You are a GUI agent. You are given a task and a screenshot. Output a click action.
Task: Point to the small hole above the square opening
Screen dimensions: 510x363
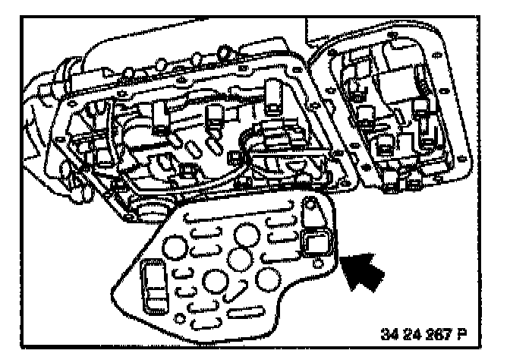[310, 205]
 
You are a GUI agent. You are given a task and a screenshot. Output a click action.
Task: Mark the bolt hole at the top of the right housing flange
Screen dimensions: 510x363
[394, 36]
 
